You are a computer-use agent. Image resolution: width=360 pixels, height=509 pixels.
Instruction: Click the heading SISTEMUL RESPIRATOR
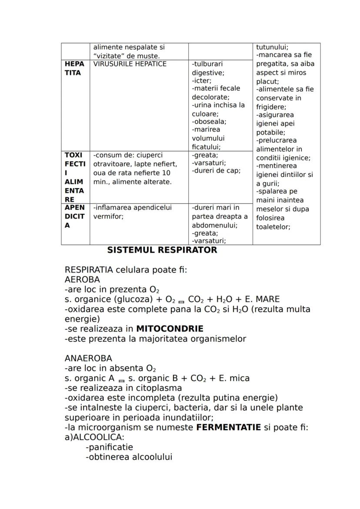pyautogui.click(x=162, y=250)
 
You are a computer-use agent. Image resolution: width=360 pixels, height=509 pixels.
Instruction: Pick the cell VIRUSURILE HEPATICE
pyautogui.click(x=130, y=64)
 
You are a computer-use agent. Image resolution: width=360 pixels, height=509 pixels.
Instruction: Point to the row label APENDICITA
pyautogui.click(x=74, y=216)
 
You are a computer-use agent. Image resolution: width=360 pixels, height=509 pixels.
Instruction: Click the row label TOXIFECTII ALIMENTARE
pyautogui.click(x=74, y=177)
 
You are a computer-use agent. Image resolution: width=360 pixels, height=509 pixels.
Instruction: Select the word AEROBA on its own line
pyautogui.click(x=82, y=279)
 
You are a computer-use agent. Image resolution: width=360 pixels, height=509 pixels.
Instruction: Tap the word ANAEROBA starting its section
pyautogui.click(x=88, y=358)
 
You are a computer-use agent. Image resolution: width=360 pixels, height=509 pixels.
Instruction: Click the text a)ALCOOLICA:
pyautogui.click(x=94, y=437)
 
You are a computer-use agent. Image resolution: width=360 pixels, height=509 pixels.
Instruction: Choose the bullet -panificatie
pyautogui.click(x=110, y=447)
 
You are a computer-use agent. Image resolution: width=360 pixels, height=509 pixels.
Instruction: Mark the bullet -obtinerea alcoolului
pyautogui.click(x=129, y=457)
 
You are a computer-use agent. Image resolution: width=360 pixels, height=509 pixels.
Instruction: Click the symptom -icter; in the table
pyautogui.click(x=202, y=80)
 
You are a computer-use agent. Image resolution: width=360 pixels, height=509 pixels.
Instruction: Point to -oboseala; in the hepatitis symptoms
pyautogui.click(x=209, y=122)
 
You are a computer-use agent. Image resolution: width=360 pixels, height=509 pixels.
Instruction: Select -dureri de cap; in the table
pyautogui.click(x=216, y=171)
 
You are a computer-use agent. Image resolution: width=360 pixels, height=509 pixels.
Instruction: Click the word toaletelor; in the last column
pyautogui.click(x=273, y=226)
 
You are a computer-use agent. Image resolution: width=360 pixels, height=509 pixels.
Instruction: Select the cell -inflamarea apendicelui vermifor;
pyautogui.click(x=133, y=212)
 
